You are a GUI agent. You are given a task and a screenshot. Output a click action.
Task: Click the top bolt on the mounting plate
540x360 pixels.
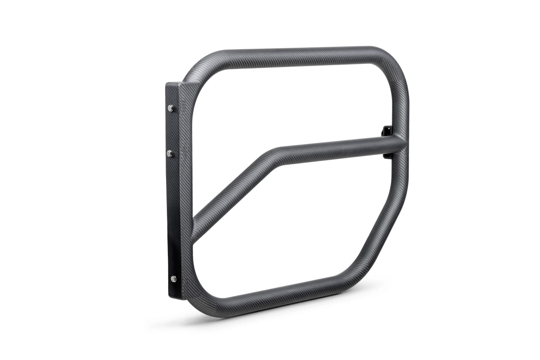point(171,108)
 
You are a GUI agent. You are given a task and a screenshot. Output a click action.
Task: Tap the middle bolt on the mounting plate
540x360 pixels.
point(170,154)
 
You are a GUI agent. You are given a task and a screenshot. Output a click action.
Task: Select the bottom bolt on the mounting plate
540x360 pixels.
point(173,279)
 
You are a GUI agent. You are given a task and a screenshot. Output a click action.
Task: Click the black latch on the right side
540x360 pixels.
point(386,131)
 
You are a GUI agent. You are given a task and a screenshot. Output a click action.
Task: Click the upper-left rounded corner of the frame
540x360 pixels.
point(198,74)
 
